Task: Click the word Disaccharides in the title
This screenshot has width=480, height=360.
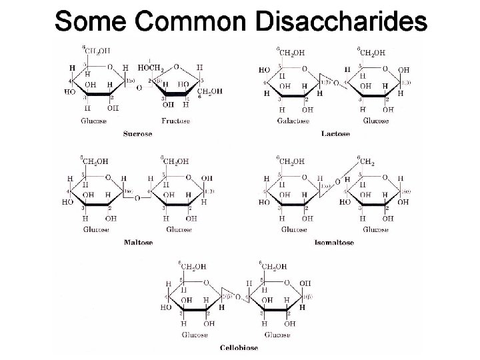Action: pos(341,21)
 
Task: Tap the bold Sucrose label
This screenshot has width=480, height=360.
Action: pos(137,134)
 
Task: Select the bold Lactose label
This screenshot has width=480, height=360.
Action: pos(335,134)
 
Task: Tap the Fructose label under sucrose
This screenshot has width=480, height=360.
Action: pos(176,121)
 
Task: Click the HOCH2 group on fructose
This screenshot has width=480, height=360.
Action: pos(151,67)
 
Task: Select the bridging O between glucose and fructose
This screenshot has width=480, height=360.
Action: pos(138,88)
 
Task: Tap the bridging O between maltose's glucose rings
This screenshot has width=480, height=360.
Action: pos(138,196)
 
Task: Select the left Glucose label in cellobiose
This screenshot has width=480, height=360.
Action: pos(194,334)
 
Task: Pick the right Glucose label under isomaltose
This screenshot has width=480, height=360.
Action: pos(375,230)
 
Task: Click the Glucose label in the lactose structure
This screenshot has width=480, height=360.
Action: pos(375,121)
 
